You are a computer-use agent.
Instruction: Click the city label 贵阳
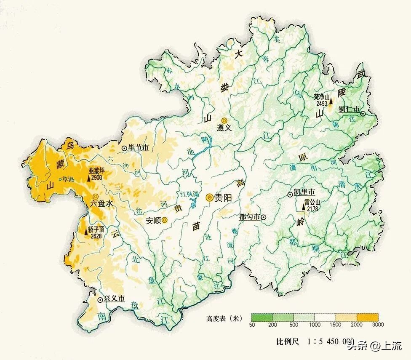point(224,197)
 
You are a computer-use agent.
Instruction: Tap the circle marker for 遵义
point(224,120)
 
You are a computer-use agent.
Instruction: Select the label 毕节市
point(139,148)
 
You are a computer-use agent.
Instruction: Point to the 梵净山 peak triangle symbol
point(331,101)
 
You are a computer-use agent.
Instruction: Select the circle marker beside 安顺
point(164,219)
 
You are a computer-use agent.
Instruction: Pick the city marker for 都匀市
point(263,217)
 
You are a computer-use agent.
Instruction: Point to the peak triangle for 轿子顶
point(86,231)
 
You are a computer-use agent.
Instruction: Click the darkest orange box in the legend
point(367,317)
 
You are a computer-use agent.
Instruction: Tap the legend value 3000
point(377,324)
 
